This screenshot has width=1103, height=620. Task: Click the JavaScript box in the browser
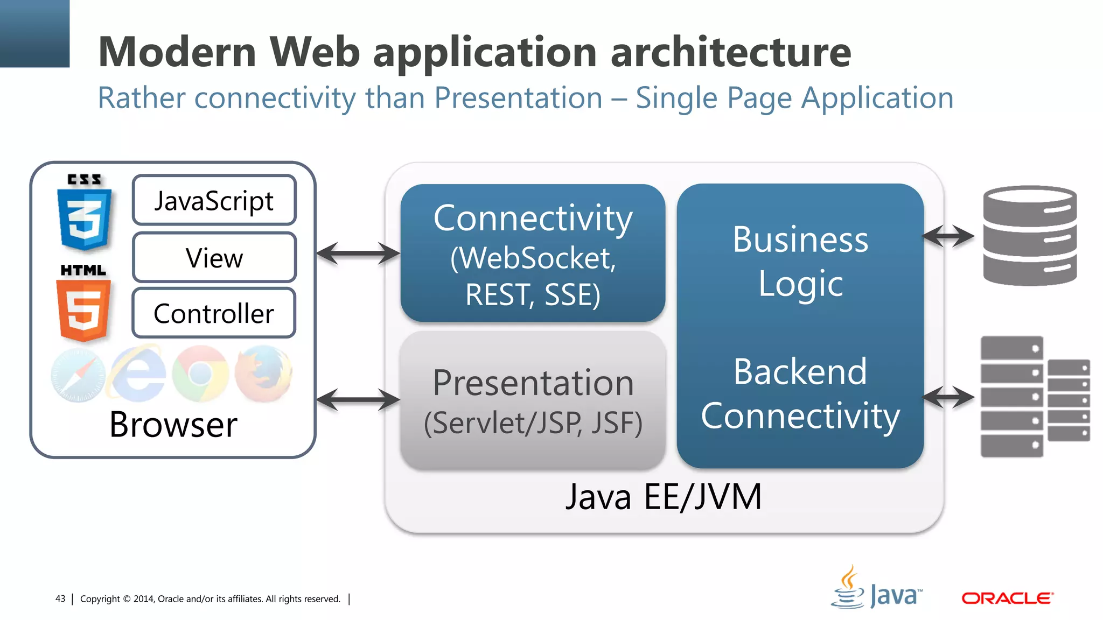pos(214,200)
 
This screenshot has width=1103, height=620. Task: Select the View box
pos(214,258)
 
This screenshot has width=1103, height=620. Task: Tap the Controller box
pos(214,313)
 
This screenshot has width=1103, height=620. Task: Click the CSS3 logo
pos(84,213)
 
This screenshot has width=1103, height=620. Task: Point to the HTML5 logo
pos(83,304)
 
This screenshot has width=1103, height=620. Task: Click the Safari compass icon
pos(78,375)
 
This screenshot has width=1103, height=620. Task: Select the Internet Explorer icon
pos(138,374)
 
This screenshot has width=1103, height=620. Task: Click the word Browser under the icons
pos(173,425)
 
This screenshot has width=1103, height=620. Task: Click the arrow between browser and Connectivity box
pos(358,253)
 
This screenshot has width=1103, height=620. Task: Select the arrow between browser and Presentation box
pos(358,399)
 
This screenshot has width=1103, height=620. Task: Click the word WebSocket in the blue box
pos(533,258)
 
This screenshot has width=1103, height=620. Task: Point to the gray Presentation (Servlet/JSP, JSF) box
pos(533,401)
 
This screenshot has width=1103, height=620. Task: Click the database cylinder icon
pos(1029,235)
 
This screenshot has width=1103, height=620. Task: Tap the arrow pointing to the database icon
pos(948,236)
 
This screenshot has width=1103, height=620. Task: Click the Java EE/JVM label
pos(664,496)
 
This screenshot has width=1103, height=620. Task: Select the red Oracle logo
pos(1007,598)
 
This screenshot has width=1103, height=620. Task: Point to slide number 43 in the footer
pos(60,598)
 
